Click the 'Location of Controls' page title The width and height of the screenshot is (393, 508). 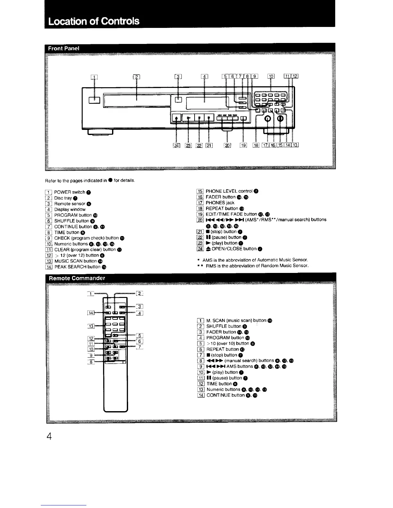coord(94,21)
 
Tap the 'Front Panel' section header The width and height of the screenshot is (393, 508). coord(64,48)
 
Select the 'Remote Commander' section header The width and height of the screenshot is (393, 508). coord(77,278)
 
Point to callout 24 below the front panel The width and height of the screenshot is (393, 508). coord(177,146)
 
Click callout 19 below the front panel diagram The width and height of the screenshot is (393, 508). coord(244,146)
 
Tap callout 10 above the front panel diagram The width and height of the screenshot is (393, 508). coord(271,76)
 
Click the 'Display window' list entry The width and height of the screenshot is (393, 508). coord(70,209)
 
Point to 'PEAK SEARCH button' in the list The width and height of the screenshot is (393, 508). coord(77,267)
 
